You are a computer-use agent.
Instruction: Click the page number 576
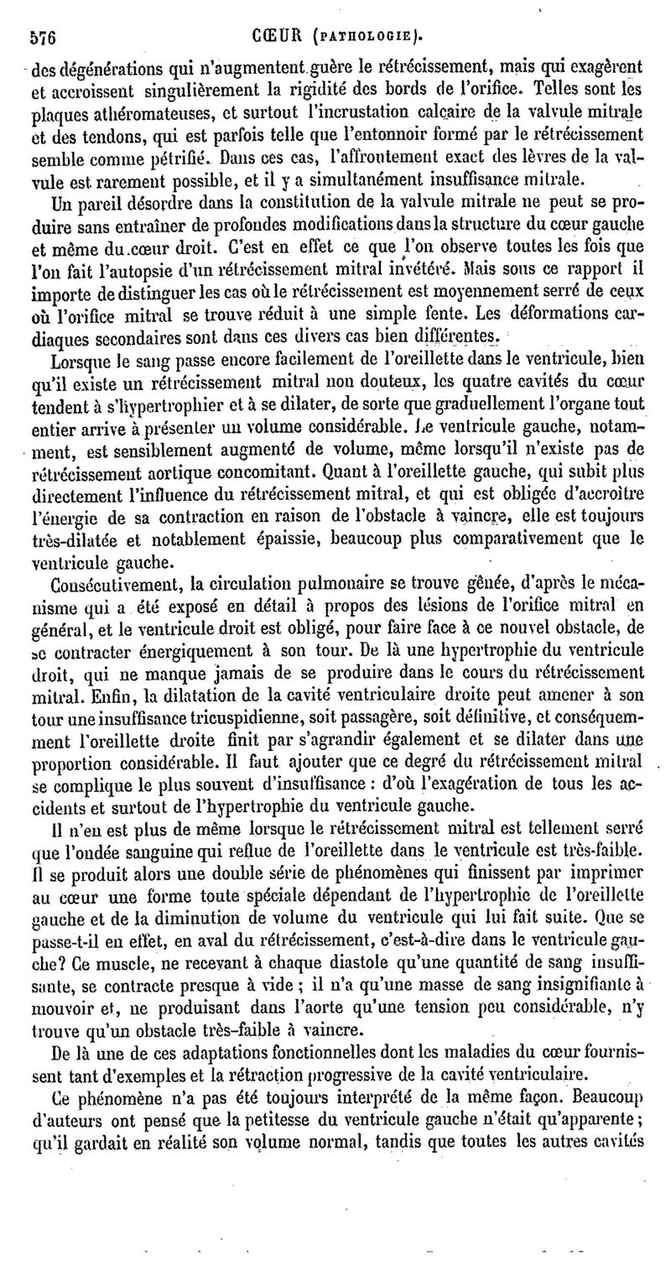tap(42, 37)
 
